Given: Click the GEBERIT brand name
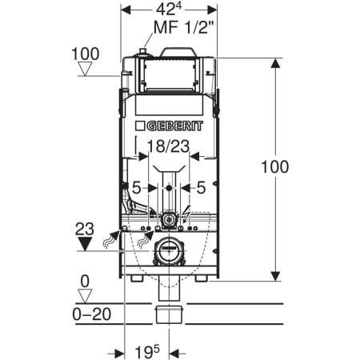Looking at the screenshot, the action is [x=175, y=126].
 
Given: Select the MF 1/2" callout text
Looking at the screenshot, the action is [x=184, y=27].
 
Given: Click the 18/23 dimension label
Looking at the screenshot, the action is [x=169, y=146].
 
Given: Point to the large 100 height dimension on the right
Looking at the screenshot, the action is [x=274, y=167].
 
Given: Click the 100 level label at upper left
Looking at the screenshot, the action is [x=86, y=54].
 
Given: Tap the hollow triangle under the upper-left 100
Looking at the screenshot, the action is [x=86, y=69].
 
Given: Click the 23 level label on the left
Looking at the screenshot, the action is [x=85, y=229].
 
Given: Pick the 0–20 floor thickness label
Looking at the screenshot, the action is [x=92, y=314].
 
